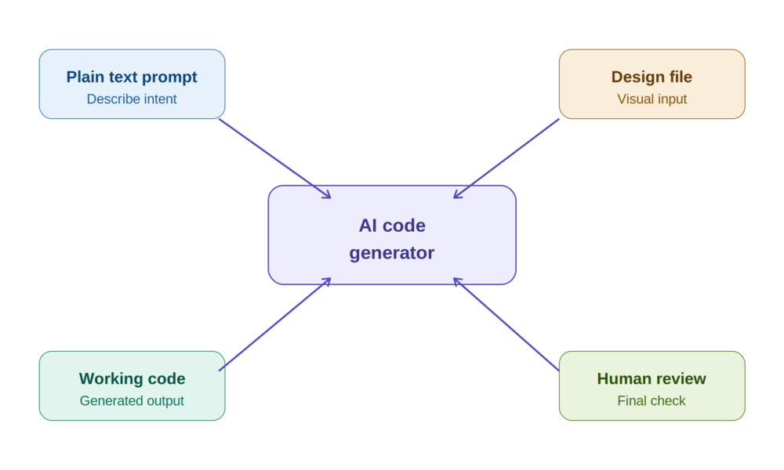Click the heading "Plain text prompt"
pyautogui.click(x=132, y=77)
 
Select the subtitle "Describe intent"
pyautogui.click(x=132, y=99)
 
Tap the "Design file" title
pyautogui.click(x=652, y=77)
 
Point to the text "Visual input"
pyautogui.click(x=652, y=99)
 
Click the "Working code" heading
pyautogui.click(x=132, y=378)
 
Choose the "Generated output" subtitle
pyautogui.click(x=132, y=400)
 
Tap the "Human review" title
pyautogui.click(x=652, y=378)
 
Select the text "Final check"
pyautogui.click(x=652, y=400)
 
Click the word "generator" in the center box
pyautogui.click(x=391, y=253)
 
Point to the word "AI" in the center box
pyautogui.click(x=368, y=226)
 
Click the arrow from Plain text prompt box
pyautogui.click(x=275, y=159)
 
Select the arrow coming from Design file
pyautogui.click(x=506, y=159)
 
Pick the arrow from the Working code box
pyautogui.click(x=275, y=324)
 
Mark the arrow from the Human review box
pyautogui.click(x=506, y=324)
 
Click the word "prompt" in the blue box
pyautogui.click(x=169, y=78)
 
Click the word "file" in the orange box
pyautogui.click(x=680, y=77)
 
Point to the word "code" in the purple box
pyautogui.click(x=404, y=226)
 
